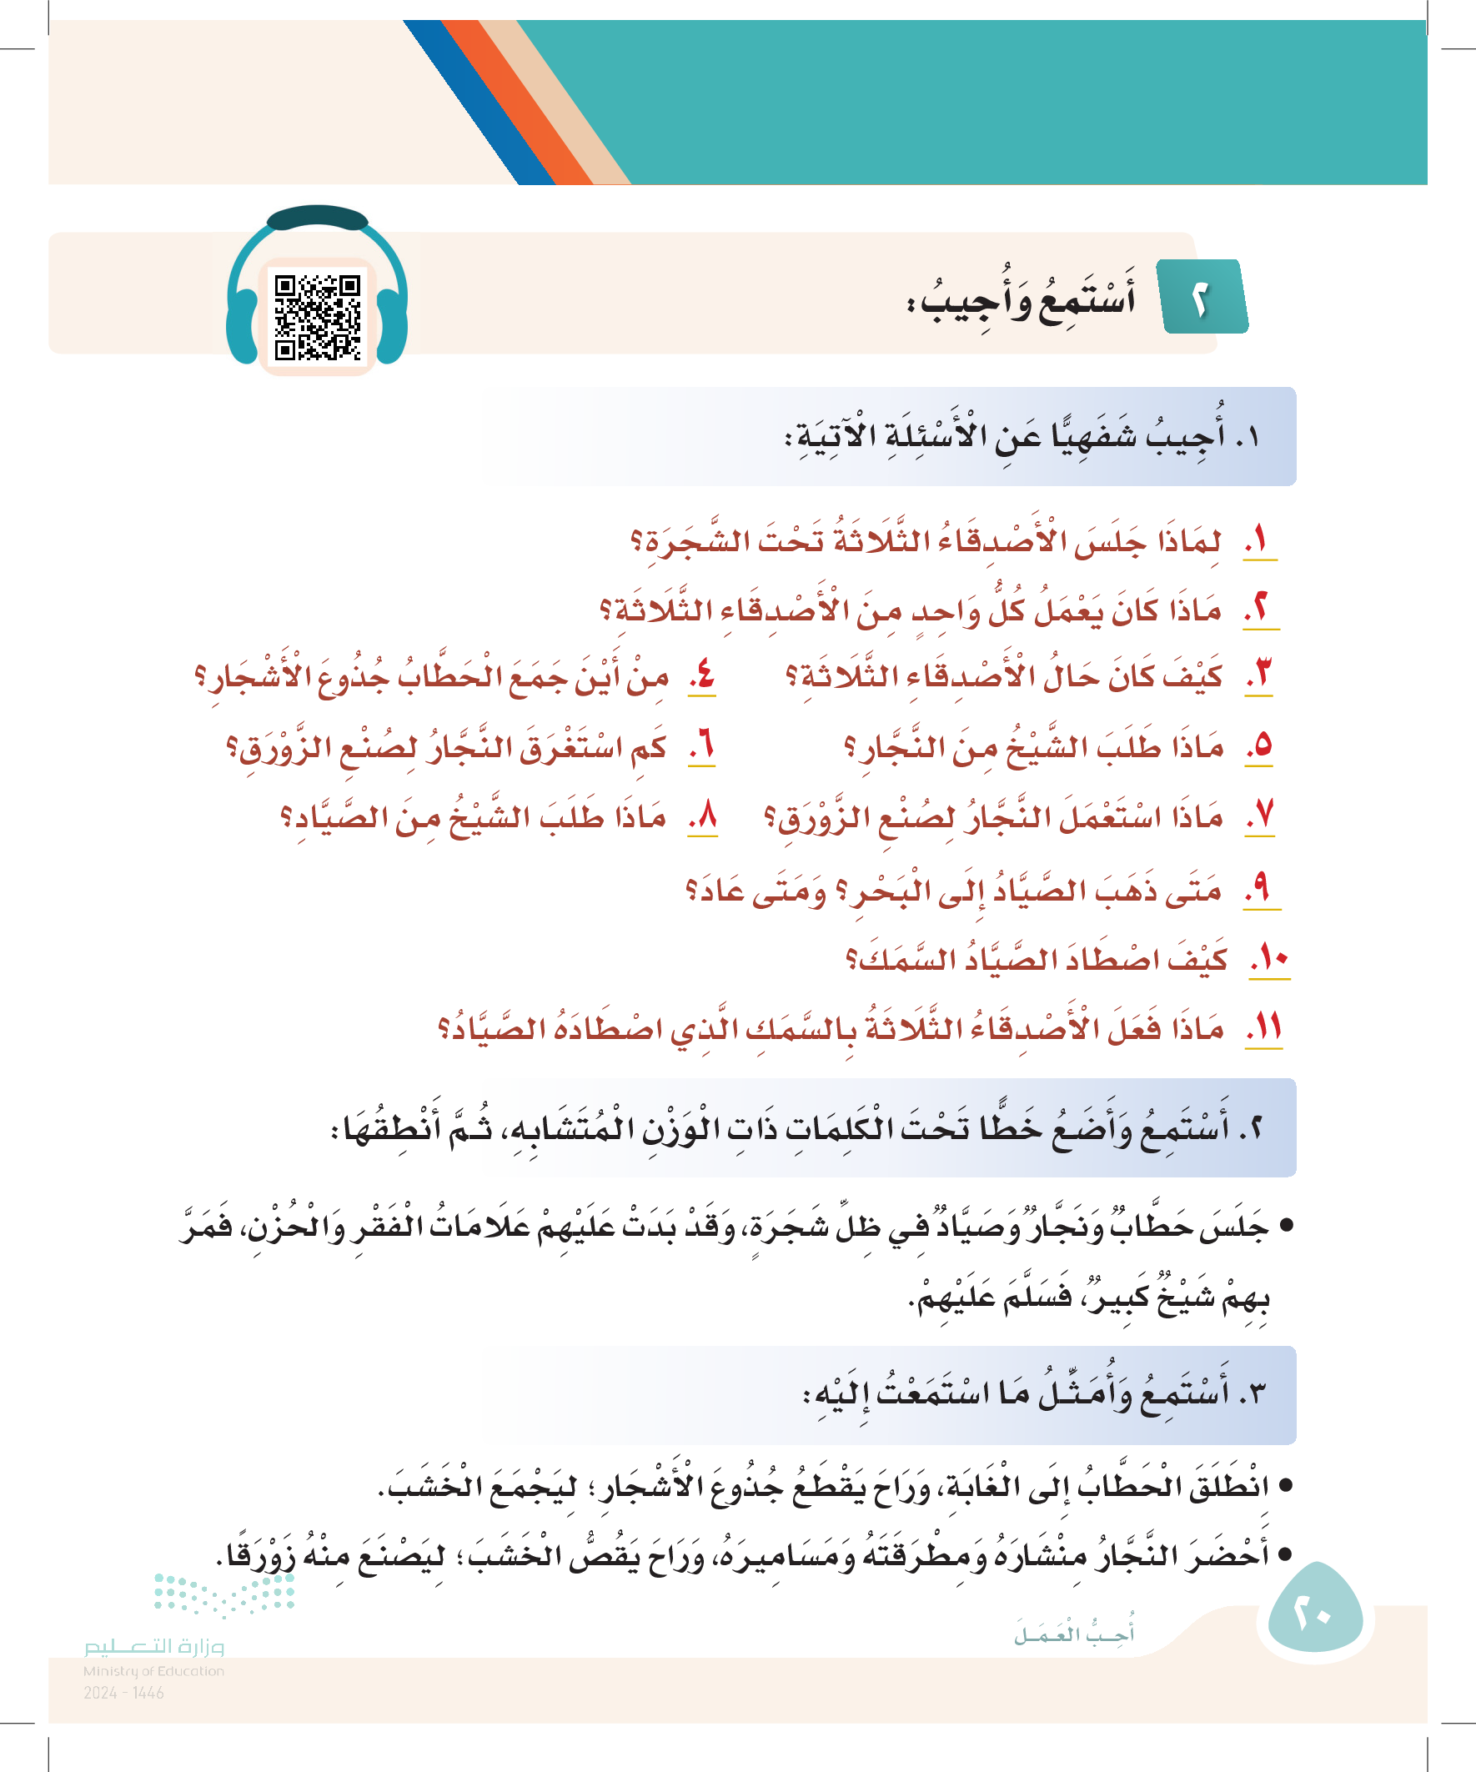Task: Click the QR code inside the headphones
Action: [318, 317]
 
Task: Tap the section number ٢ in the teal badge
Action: [1200, 299]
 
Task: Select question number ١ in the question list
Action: [1259, 540]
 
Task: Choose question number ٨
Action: [703, 816]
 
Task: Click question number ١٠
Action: [1269, 960]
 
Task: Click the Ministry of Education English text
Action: [153, 1671]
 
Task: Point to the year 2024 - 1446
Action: [123, 1693]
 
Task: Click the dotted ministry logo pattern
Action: [223, 1594]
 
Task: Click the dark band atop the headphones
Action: [318, 218]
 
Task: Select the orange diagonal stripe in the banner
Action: [514, 101]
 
